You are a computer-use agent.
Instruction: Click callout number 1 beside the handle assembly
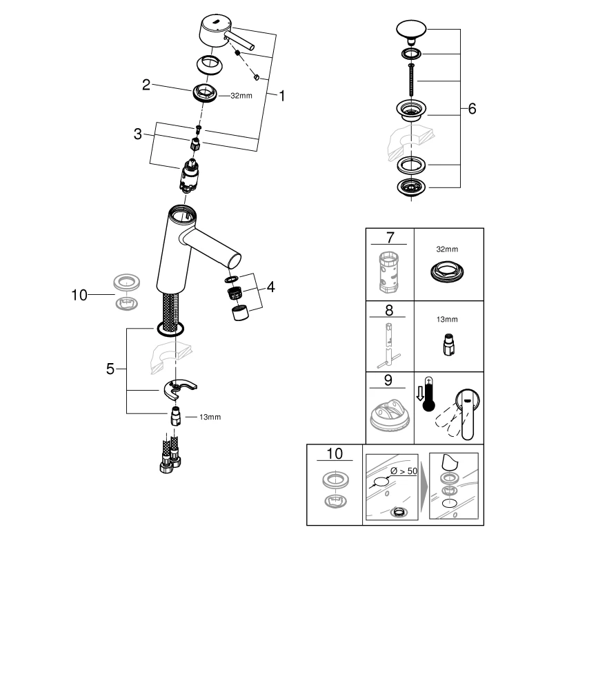tap(281, 96)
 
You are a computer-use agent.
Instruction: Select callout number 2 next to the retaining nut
tap(146, 85)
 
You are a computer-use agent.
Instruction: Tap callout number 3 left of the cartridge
tap(138, 134)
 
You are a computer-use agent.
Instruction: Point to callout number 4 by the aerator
tap(271, 286)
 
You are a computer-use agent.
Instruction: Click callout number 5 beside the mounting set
tap(110, 369)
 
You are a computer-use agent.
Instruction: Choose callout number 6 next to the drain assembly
tap(472, 109)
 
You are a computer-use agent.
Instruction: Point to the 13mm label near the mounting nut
tap(210, 418)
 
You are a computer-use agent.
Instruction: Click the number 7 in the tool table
tap(390, 238)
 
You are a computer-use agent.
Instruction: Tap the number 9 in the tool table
tap(390, 380)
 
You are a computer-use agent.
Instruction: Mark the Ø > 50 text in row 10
tap(404, 471)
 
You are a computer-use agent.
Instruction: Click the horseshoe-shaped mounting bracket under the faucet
tap(181, 389)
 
